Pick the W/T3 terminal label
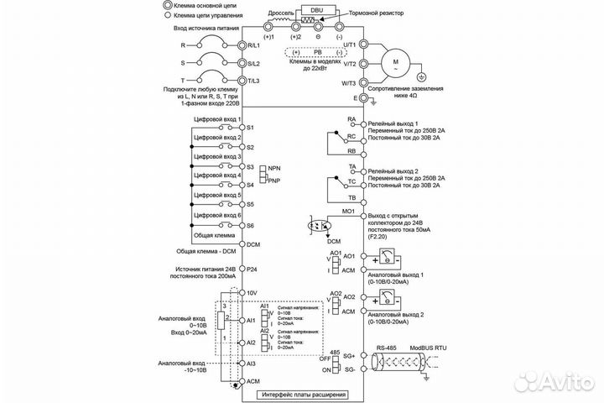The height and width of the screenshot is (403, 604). click(346, 82)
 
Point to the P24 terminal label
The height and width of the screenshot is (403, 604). click(253, 270)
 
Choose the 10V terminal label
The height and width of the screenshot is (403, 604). click(253, 293)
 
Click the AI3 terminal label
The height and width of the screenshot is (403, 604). click(253, 364)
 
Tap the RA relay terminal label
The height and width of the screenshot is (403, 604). click(352, 120)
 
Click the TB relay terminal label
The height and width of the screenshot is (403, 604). click(352, 196)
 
